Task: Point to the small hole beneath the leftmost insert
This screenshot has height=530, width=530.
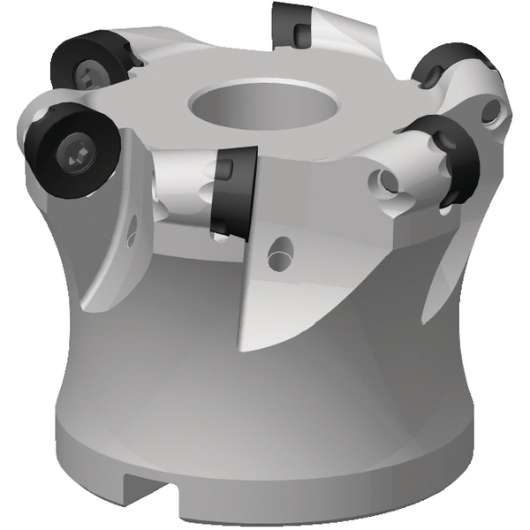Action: point(132,233)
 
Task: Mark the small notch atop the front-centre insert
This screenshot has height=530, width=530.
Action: point(226,167)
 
